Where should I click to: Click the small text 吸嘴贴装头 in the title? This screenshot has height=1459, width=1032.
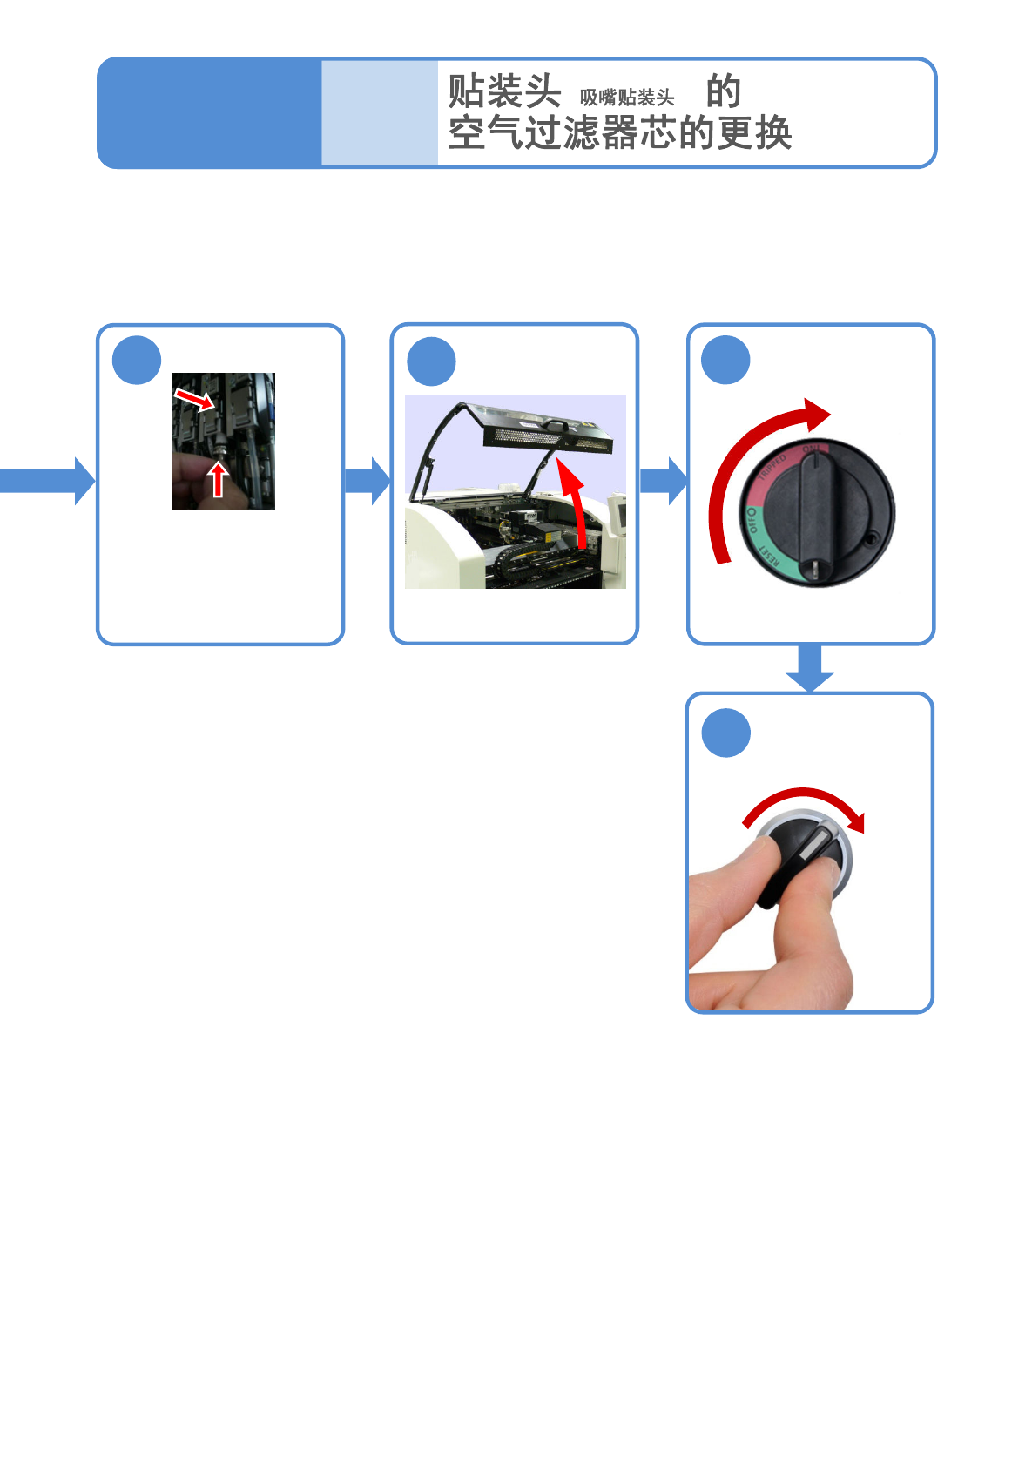coord(627,98)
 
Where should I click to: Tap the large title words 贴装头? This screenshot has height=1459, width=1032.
coord(504,91)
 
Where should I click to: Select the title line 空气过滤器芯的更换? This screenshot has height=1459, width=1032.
coord(619,133)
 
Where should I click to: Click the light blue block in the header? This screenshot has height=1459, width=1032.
coord(380,112)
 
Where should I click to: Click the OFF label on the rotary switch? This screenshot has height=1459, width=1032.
coord(752,521)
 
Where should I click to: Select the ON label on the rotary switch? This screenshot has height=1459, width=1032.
coord(811,449)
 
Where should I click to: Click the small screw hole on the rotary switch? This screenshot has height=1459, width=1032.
coord(870,539)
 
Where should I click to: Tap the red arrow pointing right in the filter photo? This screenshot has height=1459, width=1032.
coord(194,400)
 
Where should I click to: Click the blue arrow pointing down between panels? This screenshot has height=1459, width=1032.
coord(810,668)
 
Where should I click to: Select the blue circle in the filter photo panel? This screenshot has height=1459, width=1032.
coord(137,360)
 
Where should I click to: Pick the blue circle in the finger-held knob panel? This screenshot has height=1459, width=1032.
coord(725,733)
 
